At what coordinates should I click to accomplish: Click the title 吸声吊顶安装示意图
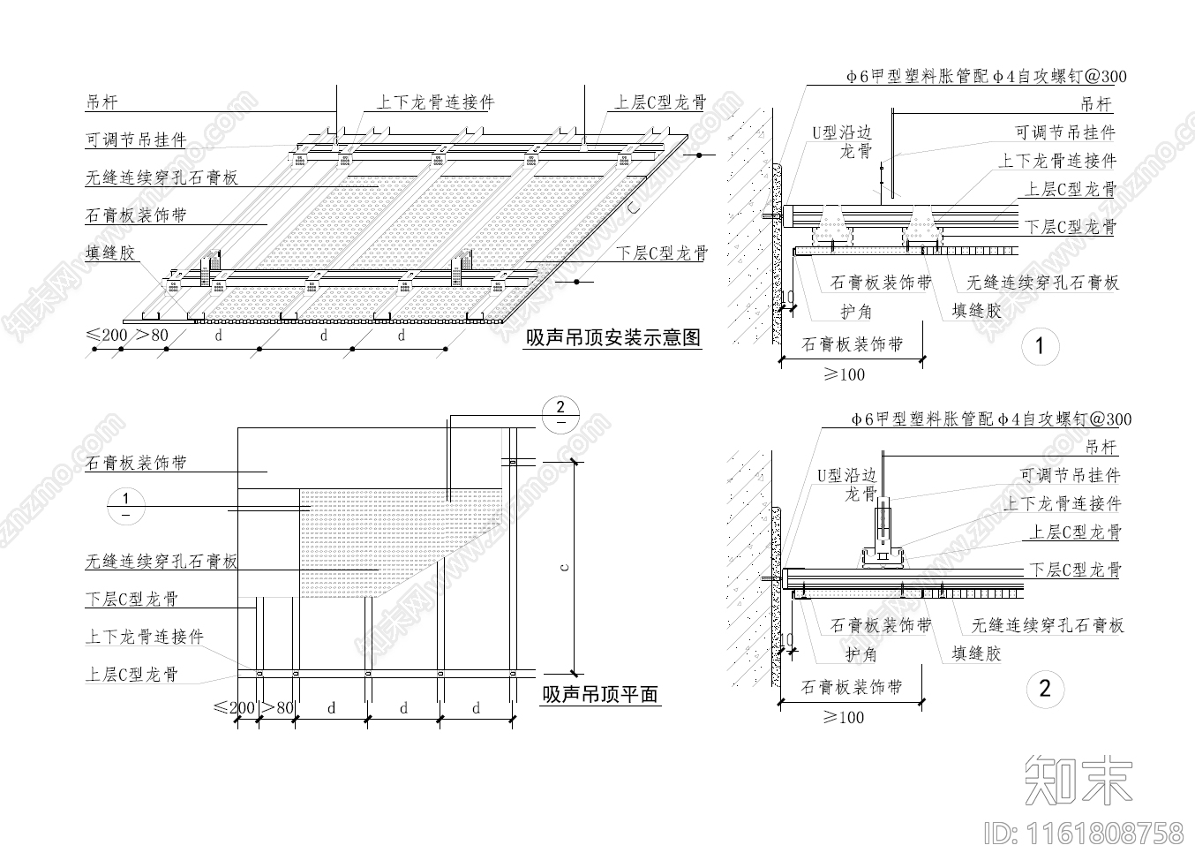point(613,338)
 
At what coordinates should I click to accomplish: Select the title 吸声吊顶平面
point(600,695)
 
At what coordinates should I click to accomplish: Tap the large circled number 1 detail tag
point(1040,346)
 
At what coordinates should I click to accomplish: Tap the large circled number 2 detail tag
point(1045,689)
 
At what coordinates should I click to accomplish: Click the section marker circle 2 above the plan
point(560,413)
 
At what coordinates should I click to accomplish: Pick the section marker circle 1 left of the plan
point(125,506)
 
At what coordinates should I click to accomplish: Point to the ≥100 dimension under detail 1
point(844,374)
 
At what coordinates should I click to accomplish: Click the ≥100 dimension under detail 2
point(844,717)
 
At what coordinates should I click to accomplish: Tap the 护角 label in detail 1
point(856,311)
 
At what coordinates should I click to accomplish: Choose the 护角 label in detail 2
point(861,654)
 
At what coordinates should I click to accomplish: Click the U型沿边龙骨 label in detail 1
point(843,141)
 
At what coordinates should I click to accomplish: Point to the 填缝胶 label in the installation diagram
point(111,253)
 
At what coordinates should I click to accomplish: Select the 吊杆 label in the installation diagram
point(101,102)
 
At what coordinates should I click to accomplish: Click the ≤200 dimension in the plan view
point(234,707)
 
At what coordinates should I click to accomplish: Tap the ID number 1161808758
point(1084,832)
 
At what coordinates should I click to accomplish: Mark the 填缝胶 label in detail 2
point(976,654)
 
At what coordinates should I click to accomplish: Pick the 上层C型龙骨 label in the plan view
point(132,675)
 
